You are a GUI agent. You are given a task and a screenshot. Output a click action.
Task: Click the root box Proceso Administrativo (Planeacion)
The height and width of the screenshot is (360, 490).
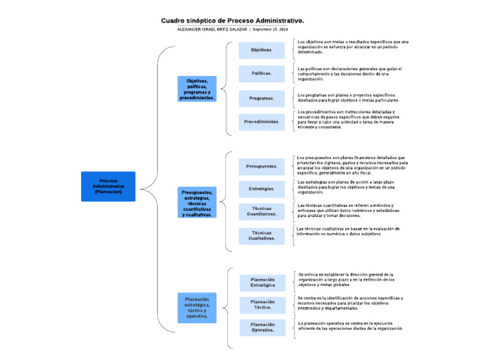coord(108,186)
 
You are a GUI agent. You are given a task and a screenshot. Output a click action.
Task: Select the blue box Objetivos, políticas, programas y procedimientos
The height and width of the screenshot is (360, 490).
coord(197,89)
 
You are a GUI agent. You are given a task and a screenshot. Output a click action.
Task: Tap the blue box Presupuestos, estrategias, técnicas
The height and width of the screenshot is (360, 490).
coord(197,203)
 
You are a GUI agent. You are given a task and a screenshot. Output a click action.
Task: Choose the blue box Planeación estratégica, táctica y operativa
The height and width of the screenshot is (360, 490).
coord(197,308)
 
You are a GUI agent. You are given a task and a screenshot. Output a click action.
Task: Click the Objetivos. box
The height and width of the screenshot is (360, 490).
coord(262,50)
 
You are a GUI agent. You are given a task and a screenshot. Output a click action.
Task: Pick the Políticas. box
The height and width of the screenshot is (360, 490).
coord(262,73)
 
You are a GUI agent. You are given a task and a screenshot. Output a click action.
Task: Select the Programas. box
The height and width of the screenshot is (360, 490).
coord(262,98)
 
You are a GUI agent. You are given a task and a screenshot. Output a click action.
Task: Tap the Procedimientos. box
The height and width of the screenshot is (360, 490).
coord(262,122)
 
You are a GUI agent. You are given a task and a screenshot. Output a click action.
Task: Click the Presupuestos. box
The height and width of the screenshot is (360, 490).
coord(262,167)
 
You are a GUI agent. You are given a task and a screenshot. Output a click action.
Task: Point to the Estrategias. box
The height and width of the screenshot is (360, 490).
coord(262,189)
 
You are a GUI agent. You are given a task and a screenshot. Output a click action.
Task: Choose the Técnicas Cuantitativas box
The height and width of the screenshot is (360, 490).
coord(262,212)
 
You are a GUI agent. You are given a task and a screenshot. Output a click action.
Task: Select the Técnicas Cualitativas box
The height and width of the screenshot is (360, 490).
coord(262,236)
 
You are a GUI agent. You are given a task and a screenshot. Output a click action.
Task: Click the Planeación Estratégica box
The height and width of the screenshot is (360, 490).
coord(263,282)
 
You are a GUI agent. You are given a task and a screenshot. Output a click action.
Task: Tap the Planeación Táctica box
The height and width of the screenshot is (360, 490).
coord(263,305)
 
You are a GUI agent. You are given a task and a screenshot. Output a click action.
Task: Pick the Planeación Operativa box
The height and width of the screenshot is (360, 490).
coord(263,327)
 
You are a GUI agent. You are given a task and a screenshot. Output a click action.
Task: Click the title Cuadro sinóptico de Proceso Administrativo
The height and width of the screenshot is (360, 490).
coord(232,21)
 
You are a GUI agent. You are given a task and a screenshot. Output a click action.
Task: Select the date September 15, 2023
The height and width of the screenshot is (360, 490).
coord(271,30)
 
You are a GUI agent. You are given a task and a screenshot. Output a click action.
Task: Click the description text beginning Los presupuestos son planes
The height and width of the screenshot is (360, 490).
coord(352,165)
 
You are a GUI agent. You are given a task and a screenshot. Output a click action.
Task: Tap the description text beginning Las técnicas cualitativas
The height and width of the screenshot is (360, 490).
coord(348,231)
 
